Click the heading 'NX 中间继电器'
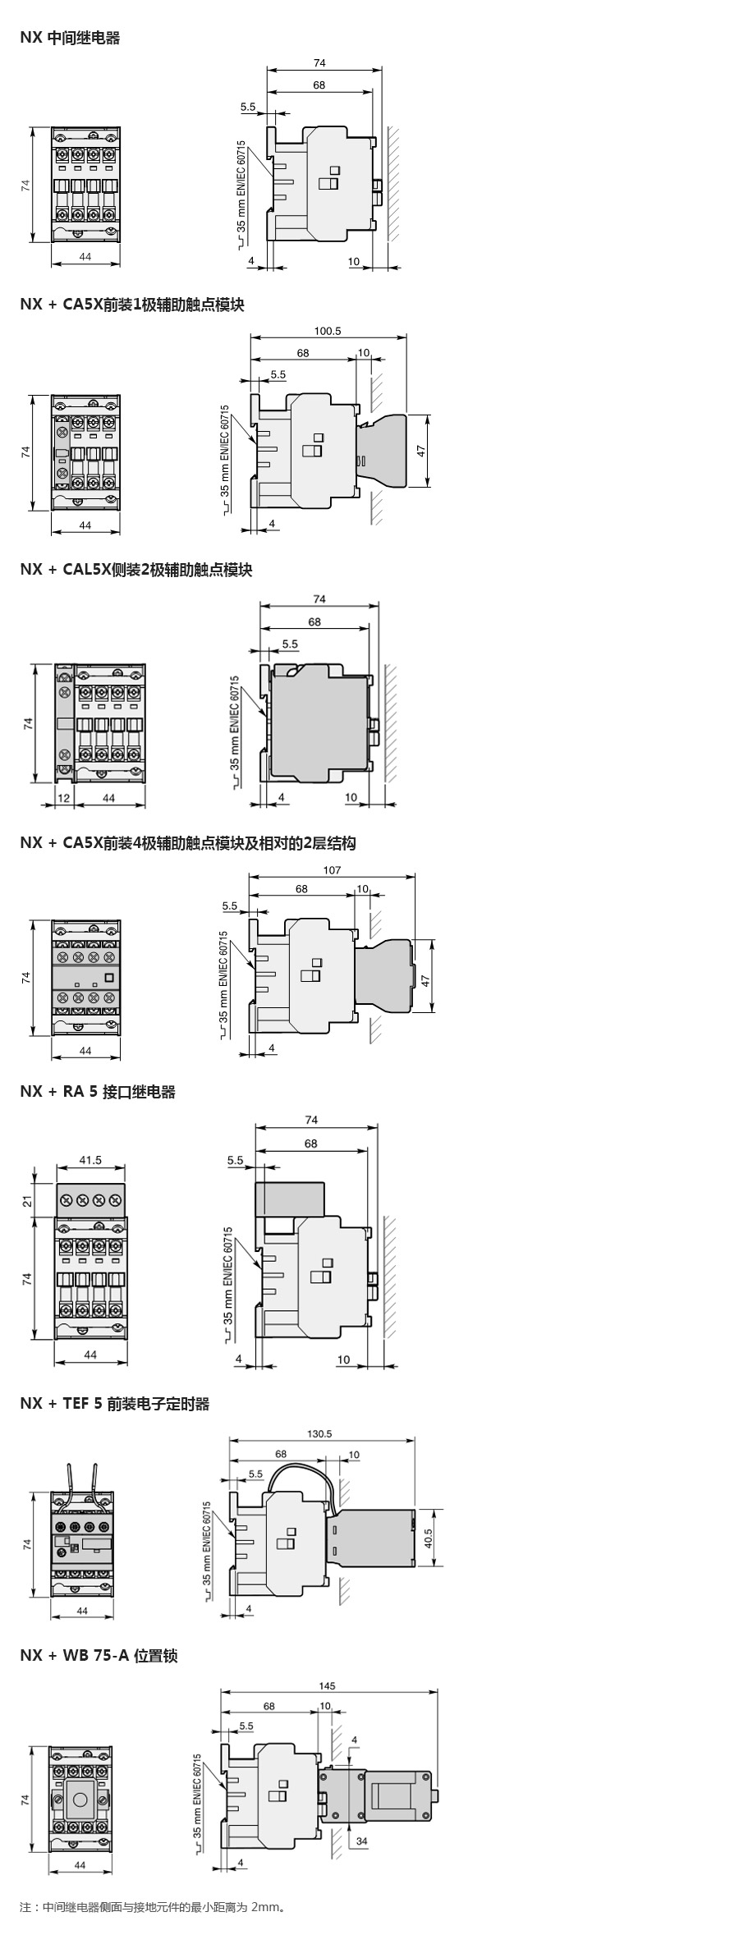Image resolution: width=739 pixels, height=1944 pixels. pyautogui.click(x=70, y=38)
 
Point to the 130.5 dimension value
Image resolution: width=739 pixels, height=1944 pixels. pyautogui.click(x=319, y=1433)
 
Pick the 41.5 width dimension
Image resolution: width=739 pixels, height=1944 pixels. pyautogui.click(x=90, y=1160)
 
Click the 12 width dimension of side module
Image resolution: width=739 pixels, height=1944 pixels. pyautogui.click(x=63, y=797)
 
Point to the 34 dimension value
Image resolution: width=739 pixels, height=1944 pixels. pyautogui.click(x=362, y=1841)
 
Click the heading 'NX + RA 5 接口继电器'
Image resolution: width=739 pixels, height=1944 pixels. pyautogui.click(x=98, y=1092)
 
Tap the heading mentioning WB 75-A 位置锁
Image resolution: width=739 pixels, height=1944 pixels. pyautogui.click(x=99, y=1655)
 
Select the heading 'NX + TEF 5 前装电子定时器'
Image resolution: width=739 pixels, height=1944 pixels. pyautogui.click(x=115, y=1404)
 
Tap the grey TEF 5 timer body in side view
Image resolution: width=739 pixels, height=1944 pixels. pyautogui.click(x=374, y=1537)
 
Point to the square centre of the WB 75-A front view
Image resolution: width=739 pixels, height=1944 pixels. pyautogui.click(x=80, y=1800)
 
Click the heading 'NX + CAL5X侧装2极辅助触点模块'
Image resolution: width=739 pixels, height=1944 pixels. pyautogui.click(x=136, y=570)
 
